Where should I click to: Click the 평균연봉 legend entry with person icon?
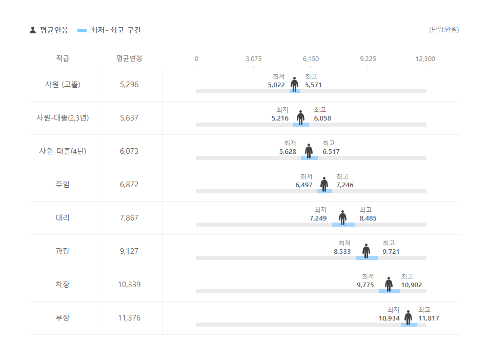(x=49, y=30)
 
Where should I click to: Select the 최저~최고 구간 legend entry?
(x=109, y=30)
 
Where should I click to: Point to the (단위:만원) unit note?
(x=444, y=30)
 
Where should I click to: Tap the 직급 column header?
(x=63, y=58)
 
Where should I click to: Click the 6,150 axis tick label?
(x=311, y=59)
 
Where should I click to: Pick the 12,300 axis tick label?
(x=425, y=59)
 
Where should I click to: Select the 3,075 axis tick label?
(x=253, y=59)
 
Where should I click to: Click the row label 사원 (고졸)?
(x=63, y=85)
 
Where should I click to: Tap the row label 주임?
(x=63, y=185)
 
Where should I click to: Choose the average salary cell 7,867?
(x=129, y=218)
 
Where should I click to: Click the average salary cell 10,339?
(x=129, y=285)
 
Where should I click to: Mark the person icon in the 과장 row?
(x=366, y=251)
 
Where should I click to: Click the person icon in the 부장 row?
(x=408, y=317)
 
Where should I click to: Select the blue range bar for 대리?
(x=343, y=225)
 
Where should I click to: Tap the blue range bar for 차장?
(x=389, y=291)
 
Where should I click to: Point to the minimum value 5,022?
(x=276, y=85)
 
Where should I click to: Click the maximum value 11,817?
(x=429, y=318)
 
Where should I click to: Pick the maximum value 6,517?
(x=331, y=152)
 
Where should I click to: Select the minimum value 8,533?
(x=342, y=252)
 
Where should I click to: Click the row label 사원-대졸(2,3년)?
(x=63, y=118)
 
